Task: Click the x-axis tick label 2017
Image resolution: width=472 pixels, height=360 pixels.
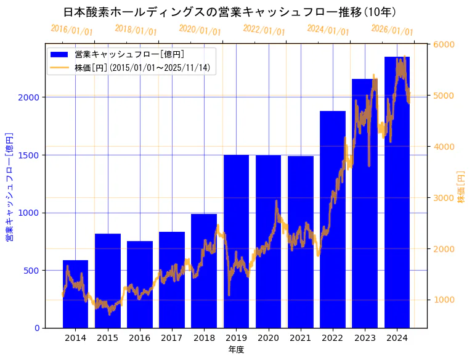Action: pyautogui.click(x=172, y=338)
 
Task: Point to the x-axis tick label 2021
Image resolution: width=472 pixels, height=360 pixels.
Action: pyautogui.click(x=301, y=338)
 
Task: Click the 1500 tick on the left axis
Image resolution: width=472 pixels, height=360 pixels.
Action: pyautogui.click(x=31, y=155)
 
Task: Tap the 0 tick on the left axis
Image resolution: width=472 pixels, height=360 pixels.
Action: pyautogui.click(x=37, y=328)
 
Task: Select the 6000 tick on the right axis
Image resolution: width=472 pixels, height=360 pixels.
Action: pyautogui.click(x=444, y=44)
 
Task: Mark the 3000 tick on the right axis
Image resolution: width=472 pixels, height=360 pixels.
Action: pyautogui.click(x=444, y=198)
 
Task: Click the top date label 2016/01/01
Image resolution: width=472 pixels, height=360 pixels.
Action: pyautogui.click(x=72, y=30)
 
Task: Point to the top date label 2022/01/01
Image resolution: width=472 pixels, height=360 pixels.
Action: pyautogui.click(x=264, y=30)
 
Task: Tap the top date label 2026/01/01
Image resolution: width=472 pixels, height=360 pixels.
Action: pyautogui.click(x=393, y=30)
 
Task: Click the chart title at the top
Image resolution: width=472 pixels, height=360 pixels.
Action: pyautogui.click(x=230, y=12)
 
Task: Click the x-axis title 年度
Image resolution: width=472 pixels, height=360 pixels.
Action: pyautogui.click(x=236, y=350)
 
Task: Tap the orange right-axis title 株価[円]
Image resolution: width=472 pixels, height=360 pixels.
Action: pyautogui.click(x=462, y=186)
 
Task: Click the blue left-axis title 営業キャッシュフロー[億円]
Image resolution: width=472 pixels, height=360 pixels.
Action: pyautogui.click(x=9, y=186)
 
